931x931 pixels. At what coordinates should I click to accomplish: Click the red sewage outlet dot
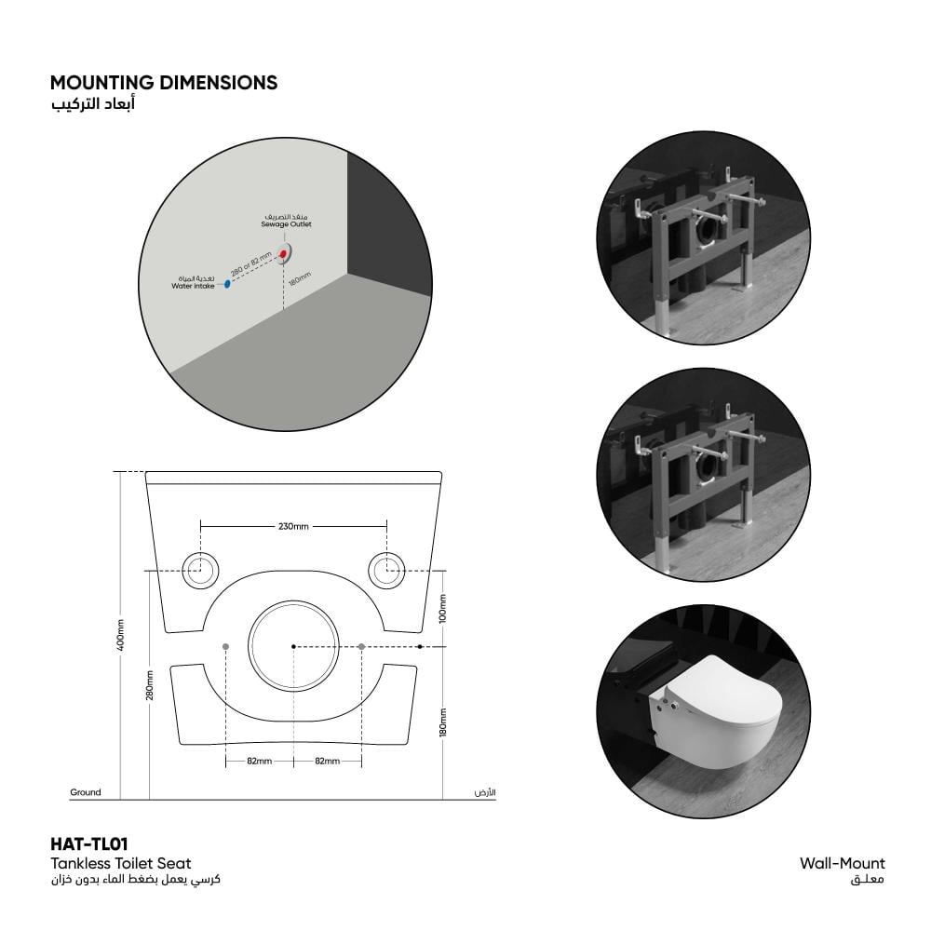(284, 254)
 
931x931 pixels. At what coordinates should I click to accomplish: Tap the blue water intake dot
(227, 284)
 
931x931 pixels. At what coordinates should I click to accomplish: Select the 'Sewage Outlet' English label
(286, 224)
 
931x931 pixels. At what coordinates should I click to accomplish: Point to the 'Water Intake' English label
(193, 286)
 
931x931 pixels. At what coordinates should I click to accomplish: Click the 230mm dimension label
(293, 526)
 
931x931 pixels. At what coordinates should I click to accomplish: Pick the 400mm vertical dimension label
(120, 635)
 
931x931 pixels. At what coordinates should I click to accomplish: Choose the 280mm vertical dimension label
(150, 685)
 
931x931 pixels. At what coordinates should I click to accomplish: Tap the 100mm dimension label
(442, 609)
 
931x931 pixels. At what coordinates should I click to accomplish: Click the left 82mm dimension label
(260, 762)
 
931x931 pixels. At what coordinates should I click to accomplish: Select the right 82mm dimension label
(327, 762)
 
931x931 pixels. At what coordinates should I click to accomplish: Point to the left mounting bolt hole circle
(200, 571)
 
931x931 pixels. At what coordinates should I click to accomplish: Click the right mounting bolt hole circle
(387, 571)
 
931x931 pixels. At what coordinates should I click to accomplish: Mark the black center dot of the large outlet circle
(293, 646)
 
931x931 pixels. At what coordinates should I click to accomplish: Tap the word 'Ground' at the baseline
(86, 792)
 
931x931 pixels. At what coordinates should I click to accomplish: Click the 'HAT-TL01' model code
(89, 843)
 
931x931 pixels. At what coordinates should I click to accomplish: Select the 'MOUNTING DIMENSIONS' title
(164, 83)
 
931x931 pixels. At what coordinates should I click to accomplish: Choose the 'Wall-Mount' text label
(842, 863)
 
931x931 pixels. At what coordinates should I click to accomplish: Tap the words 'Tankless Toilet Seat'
(121, 863)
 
